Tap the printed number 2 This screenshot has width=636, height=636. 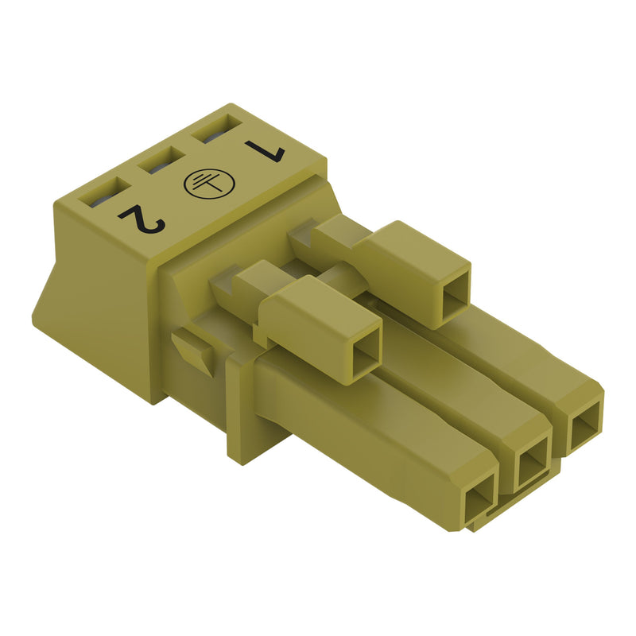tap(143, 219)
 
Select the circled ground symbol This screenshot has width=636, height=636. tap(209, 184)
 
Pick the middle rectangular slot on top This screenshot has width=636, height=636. tap(161, 160)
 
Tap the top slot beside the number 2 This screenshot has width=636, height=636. tap(104, 192)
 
